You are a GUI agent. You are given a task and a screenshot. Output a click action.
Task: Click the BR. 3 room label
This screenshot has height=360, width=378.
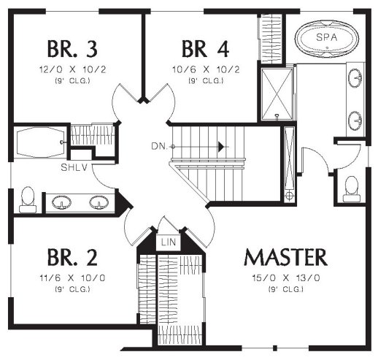click(72, 49)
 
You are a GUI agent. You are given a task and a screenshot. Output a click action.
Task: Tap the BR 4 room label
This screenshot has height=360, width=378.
click(206, 49)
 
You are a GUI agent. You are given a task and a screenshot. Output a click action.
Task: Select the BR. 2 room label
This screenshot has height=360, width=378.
click(72, 257)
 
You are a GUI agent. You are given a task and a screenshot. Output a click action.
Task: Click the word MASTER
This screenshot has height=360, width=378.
click(286, 257)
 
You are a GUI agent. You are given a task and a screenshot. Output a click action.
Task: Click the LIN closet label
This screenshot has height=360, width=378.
click(169, 242)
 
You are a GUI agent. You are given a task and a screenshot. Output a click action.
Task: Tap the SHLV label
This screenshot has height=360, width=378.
click(74, 167)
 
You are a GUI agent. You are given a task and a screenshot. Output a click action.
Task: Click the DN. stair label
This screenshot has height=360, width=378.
click(160, 146)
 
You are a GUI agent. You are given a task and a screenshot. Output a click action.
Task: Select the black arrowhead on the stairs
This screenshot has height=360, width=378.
click(221, 147)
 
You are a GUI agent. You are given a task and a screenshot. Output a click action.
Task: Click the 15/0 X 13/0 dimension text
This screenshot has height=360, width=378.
click(286, 277)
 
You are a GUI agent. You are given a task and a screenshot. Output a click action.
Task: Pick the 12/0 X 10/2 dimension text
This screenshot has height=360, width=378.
click(73, 69)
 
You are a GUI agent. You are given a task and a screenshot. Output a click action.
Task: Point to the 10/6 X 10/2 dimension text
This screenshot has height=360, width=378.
click(206, 69)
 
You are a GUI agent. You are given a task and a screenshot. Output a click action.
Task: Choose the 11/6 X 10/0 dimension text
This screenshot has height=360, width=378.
click(72, 277)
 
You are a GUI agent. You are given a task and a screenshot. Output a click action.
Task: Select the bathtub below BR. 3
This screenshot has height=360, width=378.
click(39, 142)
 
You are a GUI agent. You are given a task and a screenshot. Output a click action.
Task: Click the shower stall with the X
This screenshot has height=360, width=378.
click(277, 94)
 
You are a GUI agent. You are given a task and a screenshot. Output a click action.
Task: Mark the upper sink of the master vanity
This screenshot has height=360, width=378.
click(355, 78)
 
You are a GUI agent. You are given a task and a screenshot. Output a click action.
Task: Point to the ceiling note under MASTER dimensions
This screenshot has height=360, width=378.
click(286, 289)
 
